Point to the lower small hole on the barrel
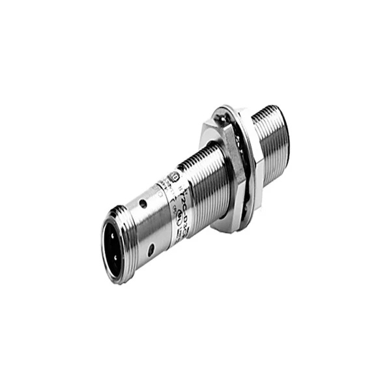point(151,248)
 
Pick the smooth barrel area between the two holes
point(147,227)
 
